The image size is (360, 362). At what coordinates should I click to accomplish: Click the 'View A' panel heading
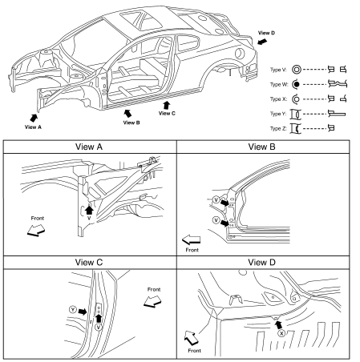pyautogui.click(x=89, y=147)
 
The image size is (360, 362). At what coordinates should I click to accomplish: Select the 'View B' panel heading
pyautogui.click(x=261, y=147)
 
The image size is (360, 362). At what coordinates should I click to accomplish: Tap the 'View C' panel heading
pyautogui.click(x=89, y=262)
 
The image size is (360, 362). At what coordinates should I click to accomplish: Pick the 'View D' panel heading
pyautogui.click(x=261, y=262)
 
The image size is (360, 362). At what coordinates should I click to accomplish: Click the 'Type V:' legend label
pyautogui.click(x=278, y=70)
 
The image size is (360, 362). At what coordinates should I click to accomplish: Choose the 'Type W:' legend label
pyautogui.click(x=279, y=84)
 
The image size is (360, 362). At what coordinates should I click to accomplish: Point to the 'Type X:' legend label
pyautogui.click(x=278, y=99)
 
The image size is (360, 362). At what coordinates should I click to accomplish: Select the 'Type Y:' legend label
pyautogui.click(x=278, y=114)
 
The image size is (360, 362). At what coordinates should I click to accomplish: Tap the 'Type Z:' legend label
pyautogui.click(x=278, y=128)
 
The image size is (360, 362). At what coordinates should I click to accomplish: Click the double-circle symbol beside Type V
pyautogui.click(x=296, y=70)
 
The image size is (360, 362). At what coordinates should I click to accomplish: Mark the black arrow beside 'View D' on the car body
pyautogui.click(x=262, y=42)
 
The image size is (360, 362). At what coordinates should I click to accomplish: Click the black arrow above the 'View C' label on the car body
pyautogui.click(x=167, y=105)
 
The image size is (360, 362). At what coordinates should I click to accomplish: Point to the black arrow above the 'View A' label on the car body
pyautogui.click(x=34, y=118)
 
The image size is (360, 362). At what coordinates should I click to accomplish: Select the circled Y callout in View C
pyautogui.click(x=73, y=310)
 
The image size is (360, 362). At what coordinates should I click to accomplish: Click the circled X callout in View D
pyautogui.click(x=281, y=333)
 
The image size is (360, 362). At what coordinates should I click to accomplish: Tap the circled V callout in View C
pyautogui.click(x=99, y=327)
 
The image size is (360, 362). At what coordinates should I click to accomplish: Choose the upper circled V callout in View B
pyautogui.click(x=216, y=199)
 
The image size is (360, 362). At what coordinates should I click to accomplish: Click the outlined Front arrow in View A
pyautogui.click(x=36, y=230)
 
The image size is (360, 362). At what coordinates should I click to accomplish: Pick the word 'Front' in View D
pyautogui.click(x=194, y=351)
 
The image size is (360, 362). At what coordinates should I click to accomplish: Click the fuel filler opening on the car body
pyautogui.click(x=240, y=54)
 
